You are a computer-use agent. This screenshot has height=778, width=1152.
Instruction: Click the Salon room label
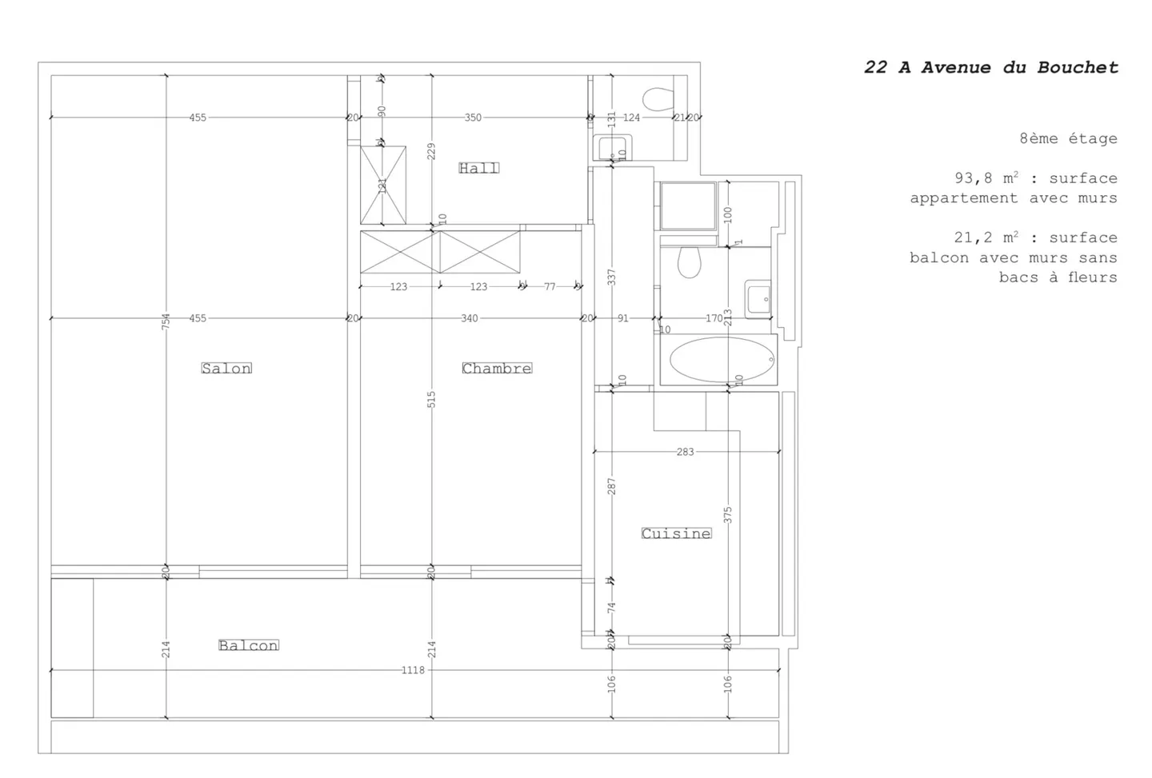coord(226,368)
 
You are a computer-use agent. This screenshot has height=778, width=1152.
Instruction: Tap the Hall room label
coord(478,168)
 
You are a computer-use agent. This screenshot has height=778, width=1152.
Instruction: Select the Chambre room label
coord(496,368)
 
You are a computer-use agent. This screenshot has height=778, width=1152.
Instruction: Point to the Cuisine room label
coord(676,533)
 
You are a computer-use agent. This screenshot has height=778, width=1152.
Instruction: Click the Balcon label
coord(249,645)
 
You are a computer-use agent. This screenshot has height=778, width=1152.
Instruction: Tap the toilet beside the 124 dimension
coord(658,99)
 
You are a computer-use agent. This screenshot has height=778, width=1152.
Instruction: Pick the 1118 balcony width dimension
coord(413,670)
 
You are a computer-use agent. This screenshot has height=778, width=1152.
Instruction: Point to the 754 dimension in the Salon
coord(166,321)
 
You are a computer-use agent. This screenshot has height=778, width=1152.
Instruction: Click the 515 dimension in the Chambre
coord(432,399)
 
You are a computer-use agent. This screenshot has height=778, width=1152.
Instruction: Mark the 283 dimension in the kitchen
coord(685,452)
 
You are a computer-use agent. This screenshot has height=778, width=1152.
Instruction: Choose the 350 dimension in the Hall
coord(473,118)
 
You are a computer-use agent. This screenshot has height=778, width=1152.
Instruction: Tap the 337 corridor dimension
coord(612,277)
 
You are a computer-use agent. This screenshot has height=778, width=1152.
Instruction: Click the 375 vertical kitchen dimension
coord(728,515)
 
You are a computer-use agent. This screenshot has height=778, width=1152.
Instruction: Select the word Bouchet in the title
coord(1078,68)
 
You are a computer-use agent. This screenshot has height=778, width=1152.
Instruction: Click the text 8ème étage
coord(1068,138)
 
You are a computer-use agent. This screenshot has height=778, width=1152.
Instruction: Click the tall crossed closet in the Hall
coord(383,185)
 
